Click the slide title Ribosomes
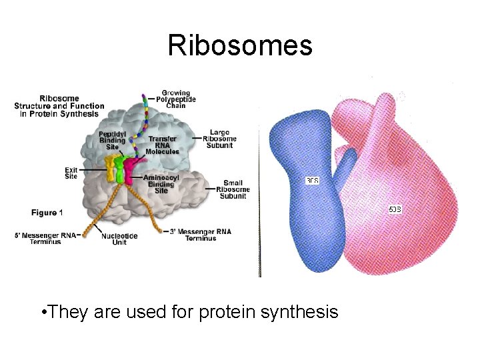coord(240,45)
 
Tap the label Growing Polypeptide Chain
coord(175,99)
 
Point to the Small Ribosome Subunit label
coord(233,189)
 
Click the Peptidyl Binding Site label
coord(111,140)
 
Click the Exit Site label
coord(71,173)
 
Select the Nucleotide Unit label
coord(119,239)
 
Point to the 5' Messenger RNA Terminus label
coord(46,238)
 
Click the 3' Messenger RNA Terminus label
coord(200,235)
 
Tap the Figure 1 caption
coord(47,213)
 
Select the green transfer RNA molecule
coord(121,169)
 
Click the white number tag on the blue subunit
coord(312,181)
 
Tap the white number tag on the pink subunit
coord(395,209)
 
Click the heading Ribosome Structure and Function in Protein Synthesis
coord(59,106)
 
